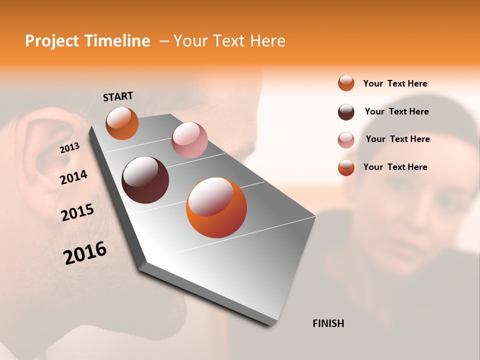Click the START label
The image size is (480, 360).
coord(118,96)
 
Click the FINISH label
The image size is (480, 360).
coord(328,323)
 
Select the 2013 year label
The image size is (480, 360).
coord(69,148)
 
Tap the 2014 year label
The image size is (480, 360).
coord(73,177)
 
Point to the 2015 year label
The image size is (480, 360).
coord(77,212)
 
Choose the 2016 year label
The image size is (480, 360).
coord(85,252)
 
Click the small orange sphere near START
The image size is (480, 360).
coord(122,123)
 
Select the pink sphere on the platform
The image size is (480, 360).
coord(189,140)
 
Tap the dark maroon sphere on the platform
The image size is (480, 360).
coord(145,180)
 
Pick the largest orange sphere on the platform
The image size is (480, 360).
coord(216,207)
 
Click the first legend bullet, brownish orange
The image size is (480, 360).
coord(346,83)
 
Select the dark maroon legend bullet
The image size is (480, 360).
coord(346,112)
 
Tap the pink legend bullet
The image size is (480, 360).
coord(346,140)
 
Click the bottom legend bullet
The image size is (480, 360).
coord(346,167)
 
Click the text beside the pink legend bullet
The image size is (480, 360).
coord(397,139)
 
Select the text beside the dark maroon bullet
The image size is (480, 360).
coord(396,111)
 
